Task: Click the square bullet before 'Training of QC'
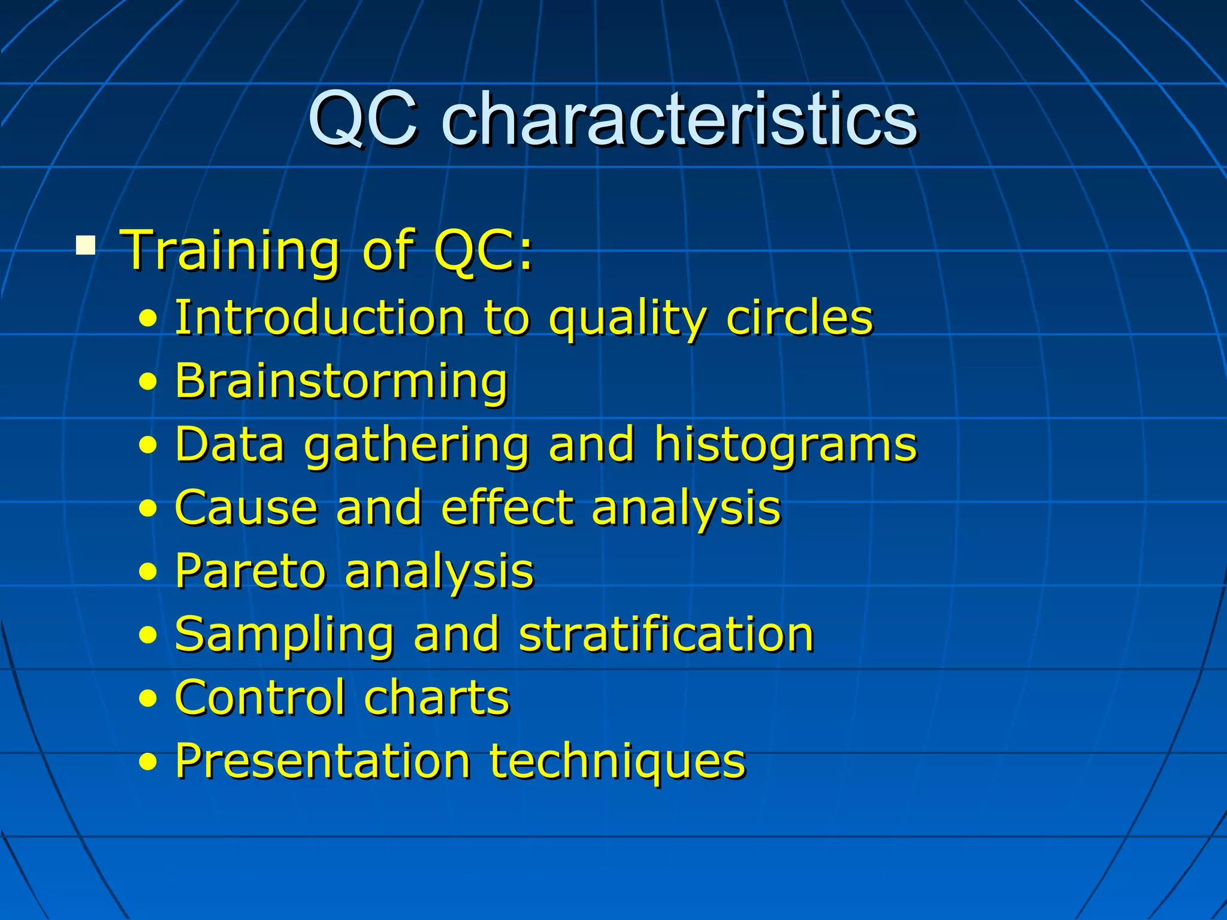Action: (86, 246)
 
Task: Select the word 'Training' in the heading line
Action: (230, 250)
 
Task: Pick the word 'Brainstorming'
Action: (341, 382)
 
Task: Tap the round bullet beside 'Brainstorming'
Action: (148, 382)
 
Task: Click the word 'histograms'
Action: (785, 445)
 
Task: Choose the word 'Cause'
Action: (246, 508)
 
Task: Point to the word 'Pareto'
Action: (250, 571)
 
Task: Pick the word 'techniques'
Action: (617, 762)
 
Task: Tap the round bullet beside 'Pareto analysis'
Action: (148, 572)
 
